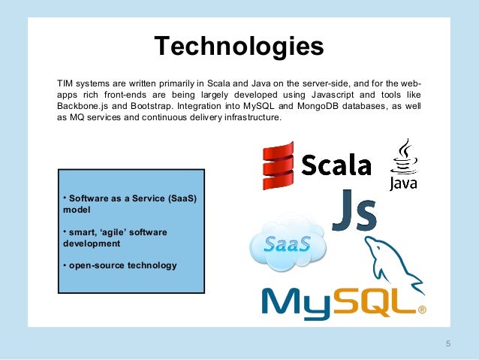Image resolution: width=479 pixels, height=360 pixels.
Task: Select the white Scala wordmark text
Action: coord(337,165)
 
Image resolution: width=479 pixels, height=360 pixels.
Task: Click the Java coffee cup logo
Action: coord(404,165)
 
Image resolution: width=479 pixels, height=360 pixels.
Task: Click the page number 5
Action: coord(448,344)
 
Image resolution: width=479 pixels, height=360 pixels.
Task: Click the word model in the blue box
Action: coord(76,211)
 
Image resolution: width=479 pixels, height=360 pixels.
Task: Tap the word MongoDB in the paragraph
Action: coord(292,106)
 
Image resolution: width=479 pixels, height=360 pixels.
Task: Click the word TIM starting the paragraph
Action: coord(66,82)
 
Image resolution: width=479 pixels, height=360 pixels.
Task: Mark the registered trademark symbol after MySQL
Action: coord(421,309)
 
